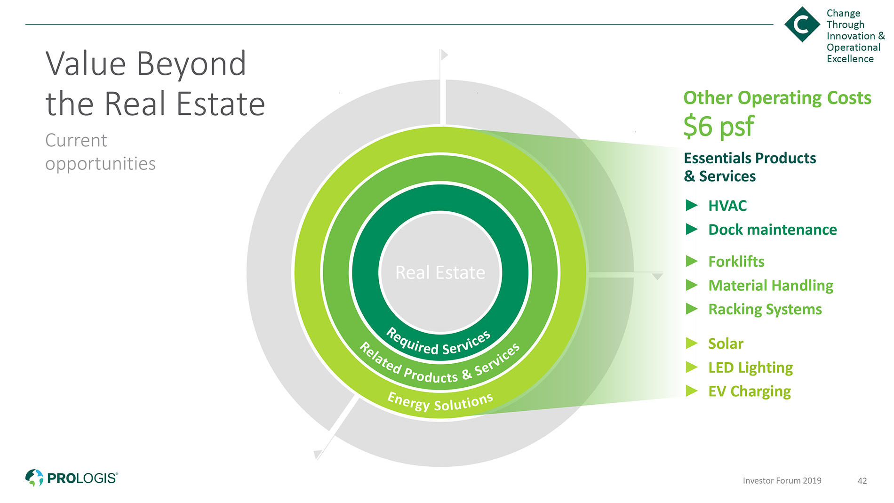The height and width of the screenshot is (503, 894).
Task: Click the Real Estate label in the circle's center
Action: coord(440,272)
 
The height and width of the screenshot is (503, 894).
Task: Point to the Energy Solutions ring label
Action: coord(440,402)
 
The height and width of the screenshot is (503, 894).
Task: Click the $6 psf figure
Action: coord(718,126)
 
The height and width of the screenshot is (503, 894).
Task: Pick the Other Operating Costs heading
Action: coord(777,98)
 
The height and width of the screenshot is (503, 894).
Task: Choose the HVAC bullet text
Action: coord(727,206)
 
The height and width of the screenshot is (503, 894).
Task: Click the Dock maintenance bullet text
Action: coord(773,230)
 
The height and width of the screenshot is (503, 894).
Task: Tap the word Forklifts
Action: coord(736,262)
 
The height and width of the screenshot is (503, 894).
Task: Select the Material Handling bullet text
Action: coord(771,286)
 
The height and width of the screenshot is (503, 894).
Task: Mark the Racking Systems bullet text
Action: coord(765,310)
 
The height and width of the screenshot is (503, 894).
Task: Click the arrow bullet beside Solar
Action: coord(692,343)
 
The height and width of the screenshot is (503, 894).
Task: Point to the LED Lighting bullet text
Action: coord(750,367)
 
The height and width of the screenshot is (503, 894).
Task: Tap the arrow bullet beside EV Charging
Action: coord(692,391)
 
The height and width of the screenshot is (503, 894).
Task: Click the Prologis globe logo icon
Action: coord(34,478)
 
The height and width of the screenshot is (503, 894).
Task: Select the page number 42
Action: coord(862,481)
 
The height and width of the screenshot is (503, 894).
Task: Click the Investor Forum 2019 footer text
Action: coord(782,481)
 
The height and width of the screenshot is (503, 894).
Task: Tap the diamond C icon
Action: coord(802,24)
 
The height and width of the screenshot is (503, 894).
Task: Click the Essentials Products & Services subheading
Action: coord(750,167)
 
